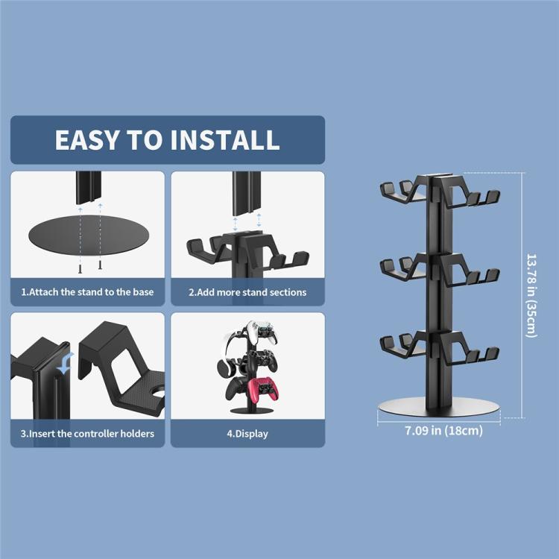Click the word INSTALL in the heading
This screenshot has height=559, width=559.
(x=225, y=139)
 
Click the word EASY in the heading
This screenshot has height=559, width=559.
(x=86, y=139)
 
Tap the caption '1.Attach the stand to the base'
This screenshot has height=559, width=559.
(x=87, y=292)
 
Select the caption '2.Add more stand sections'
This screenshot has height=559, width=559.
(x=247, y=292)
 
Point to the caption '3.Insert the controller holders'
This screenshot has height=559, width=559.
(x=87, y=434)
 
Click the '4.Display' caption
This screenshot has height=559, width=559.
(x=247, y=434)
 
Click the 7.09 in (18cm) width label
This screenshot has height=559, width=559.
(x=444, y=430)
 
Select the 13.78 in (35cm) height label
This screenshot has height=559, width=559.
(x=531, y=296)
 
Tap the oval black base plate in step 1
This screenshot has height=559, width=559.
(x=89, y=235)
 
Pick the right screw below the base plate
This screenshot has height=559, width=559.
(x=100, y=265)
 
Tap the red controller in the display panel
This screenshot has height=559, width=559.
(x=263, y=390)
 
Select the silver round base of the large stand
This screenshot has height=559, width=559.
(x=439, y=407)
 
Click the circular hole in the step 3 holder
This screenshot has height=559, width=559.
(x=158, y=393)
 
